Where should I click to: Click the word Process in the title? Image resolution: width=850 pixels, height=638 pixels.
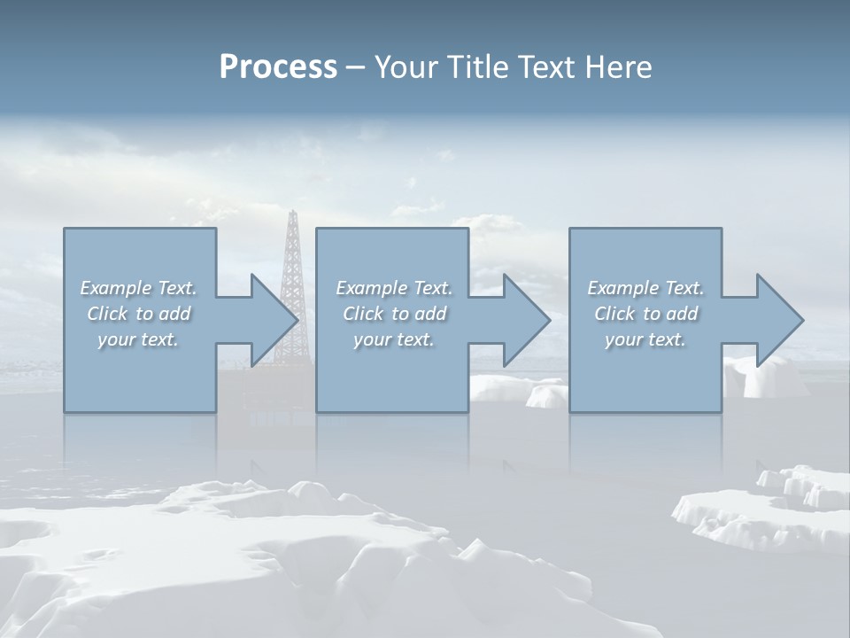[x=278, y=67]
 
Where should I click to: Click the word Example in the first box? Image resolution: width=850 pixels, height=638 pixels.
[x=115, y=288]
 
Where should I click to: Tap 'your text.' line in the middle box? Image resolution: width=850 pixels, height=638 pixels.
[x=393, y=339]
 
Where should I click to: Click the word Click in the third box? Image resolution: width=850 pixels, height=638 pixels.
[x=614, y=314]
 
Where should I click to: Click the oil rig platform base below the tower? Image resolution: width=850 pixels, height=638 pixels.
[x=266, y=390]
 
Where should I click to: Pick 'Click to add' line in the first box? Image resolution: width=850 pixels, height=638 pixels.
[x=139, y=314]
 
